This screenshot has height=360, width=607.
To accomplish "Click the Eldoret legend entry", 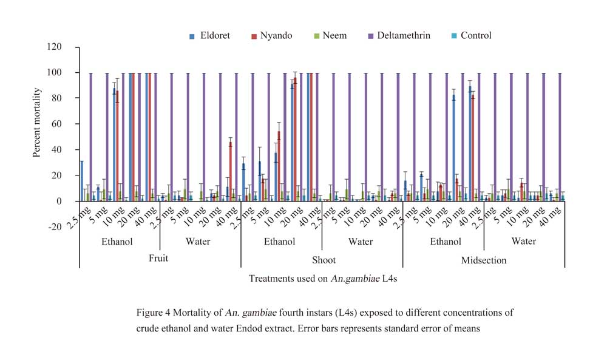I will pos(209,36).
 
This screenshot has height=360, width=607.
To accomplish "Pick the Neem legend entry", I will pos(334,36).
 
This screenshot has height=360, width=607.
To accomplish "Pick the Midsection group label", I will pos(483,260).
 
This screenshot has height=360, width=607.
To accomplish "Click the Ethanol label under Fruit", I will pos(117,242).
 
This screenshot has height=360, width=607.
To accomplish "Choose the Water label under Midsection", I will pos(523,242).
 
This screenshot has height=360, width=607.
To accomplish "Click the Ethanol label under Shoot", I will pos(279,242).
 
